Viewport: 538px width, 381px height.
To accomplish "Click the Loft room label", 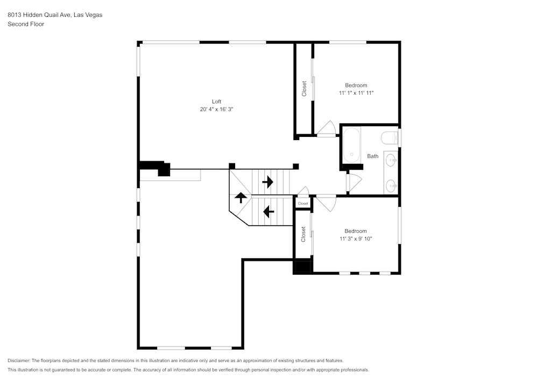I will (216, 101).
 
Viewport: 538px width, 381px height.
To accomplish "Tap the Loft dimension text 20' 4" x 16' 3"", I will (216, 109).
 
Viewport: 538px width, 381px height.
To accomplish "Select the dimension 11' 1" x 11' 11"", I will (356, 93).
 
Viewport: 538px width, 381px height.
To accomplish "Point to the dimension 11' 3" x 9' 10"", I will (356, 238).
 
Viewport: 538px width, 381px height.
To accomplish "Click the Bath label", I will (373, 156).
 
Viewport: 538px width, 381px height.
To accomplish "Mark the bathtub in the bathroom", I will (352, 145).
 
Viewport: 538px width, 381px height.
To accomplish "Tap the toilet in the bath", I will (389, 138).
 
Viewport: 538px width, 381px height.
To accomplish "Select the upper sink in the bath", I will (392, 160).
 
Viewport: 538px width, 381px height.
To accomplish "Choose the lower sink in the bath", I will (392, 186).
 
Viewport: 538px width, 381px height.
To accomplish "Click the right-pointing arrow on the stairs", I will (267, 182).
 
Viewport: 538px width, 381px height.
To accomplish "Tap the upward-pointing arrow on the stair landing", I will (240, 197).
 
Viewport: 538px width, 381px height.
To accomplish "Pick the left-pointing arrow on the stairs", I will (268, 211).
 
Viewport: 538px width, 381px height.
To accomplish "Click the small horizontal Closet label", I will (303, 204).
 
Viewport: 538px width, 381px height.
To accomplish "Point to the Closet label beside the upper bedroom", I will (304, 89).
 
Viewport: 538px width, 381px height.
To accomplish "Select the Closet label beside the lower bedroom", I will (303, 233).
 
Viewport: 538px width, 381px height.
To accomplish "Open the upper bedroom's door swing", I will (327, 129).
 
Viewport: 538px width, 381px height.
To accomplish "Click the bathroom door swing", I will (354, 182).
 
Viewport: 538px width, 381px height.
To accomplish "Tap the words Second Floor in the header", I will (26, 24).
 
